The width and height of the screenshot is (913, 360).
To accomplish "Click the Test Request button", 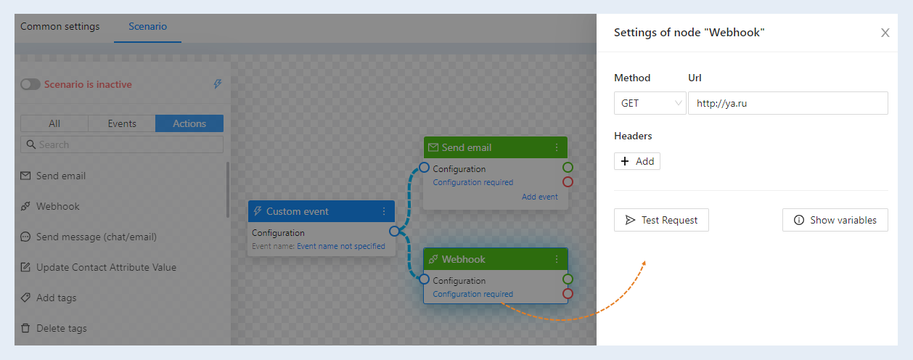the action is point(661,220).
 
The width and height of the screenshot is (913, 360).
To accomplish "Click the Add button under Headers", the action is point(637,161).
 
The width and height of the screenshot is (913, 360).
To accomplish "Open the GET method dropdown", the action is point(650,103).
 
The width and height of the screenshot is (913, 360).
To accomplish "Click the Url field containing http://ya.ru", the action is point(788,103).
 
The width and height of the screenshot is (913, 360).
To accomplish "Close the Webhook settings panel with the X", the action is point(885,33).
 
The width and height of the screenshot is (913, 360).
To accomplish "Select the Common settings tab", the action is point(60,27).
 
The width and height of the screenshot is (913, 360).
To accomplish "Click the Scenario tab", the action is point(147,27).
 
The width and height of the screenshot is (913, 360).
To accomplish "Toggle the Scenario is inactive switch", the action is point(30,84).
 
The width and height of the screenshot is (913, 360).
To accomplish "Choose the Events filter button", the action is point(122,123).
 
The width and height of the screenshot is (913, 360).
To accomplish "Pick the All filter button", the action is point(54,123).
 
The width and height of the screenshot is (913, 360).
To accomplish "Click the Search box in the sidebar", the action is point(122,144).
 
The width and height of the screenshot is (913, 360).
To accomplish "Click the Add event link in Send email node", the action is point(540,197).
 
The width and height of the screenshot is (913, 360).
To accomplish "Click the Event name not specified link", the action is point(341,246).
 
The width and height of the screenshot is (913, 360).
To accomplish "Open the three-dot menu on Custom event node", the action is point(384,211).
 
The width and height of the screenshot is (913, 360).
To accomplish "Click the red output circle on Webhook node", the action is point(568,293).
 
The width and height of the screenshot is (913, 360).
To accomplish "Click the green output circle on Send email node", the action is point(568,167).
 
